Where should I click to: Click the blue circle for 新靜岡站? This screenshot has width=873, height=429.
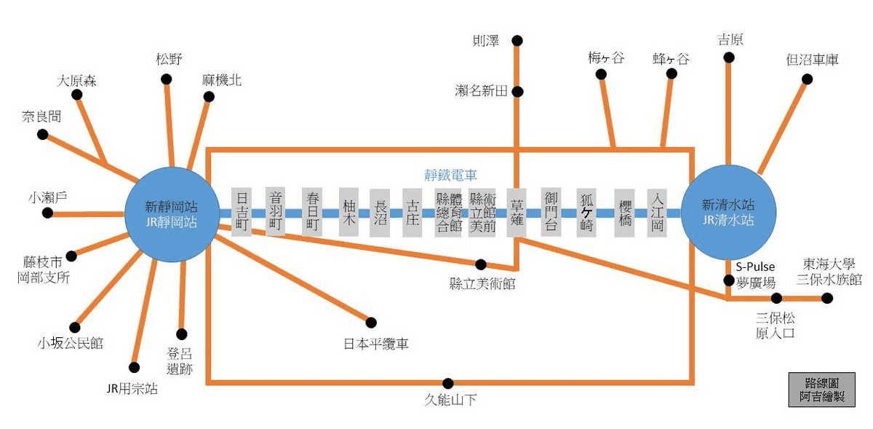[x=172, y=212]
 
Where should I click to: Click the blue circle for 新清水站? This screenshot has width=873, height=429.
[x=727, y=212]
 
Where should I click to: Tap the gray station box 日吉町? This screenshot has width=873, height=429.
[x=242, y=212]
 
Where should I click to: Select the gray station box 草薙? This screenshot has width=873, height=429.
[x=517, y=212]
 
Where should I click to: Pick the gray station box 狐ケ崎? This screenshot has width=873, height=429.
[x=587, y=212]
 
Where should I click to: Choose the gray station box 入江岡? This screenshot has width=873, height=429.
[x=657, y=212]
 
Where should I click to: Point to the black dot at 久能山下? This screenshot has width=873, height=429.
[x=448, y=382]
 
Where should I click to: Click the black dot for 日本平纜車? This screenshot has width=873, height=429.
[x=371, y=322]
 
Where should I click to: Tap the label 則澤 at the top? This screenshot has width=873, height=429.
[x=486, y=41]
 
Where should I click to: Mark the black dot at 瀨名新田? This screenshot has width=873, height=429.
[x=517, y=92]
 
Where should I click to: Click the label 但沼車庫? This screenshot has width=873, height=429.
[x=813, y=60]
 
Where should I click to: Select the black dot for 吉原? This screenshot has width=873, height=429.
[x=728, y=61]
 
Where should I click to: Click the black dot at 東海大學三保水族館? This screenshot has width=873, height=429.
[x=827, y=298]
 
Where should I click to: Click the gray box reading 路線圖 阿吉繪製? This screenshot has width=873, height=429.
[x=821, y=390]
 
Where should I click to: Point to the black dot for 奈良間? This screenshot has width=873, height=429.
[x=43, y=135]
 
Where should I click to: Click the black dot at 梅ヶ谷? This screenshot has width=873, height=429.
[x=601, y=74]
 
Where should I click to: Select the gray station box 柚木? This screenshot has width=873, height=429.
[x=349, y=212]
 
